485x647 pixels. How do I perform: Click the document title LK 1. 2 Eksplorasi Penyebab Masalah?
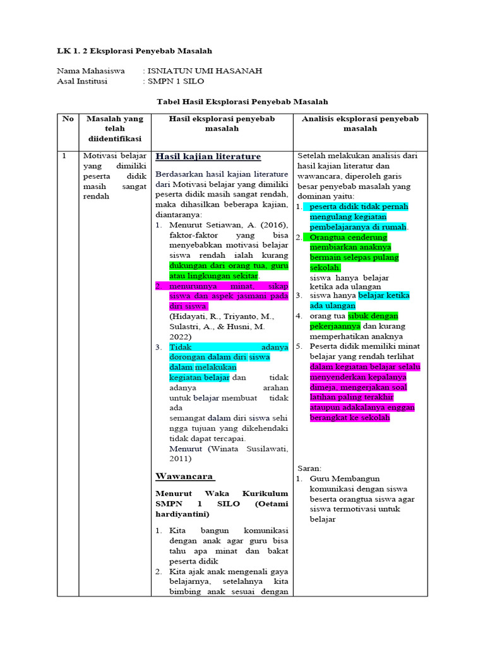pyautogui.click(x=134, y=51)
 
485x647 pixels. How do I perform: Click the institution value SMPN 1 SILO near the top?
pyautogui.click(x=176, y=81)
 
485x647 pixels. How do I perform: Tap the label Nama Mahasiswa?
pyautogui.click(x=91, y=71)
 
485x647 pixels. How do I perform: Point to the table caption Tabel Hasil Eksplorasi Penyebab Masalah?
pyautogui.click(x=242, y=101)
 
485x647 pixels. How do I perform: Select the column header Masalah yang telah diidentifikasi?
pyautogui.click(x=114, y=128)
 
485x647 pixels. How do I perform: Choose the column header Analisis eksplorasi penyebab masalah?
pyautogui.click(x=356, y=123)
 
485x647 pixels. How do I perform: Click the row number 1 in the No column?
pyautogui.click(x=64, y=155)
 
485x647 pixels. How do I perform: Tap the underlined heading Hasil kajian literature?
pyautogui.click(x=208, y=156)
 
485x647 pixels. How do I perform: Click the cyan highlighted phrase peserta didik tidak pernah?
pyautogui.click(x=359, y=207)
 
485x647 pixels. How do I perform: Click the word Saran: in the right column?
pyautogui.click(x=309, y=468)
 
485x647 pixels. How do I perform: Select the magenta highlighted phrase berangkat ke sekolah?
pyautogui.click(x=350, y=418)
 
